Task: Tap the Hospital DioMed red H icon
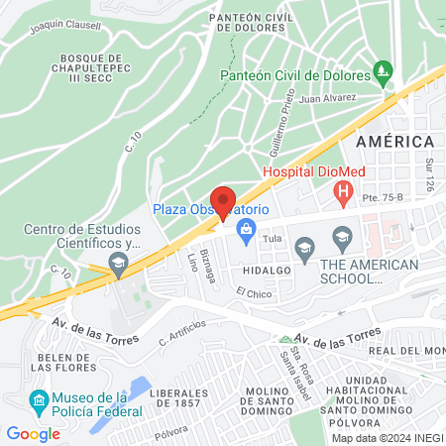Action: (x=343, y=191)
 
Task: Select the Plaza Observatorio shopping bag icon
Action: (x=244, y=232)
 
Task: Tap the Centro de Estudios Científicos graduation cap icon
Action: (x=118, y=262)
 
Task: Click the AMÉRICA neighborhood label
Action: (x=395, y=142)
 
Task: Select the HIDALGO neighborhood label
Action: (x=264, y=269)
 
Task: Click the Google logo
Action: (x=33, y=433)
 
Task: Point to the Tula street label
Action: (x=274, y=240)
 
